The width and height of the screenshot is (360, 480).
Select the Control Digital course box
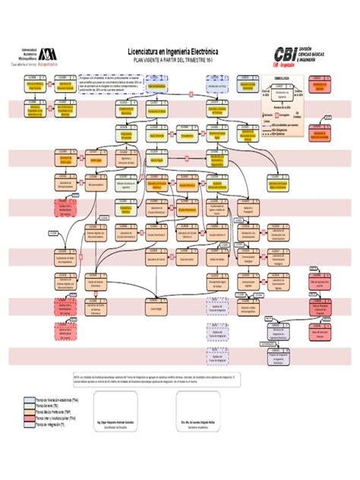pyautogui.click(x=156, y=310)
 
